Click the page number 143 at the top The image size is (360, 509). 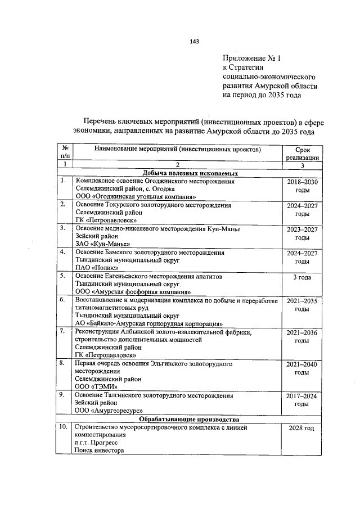coord(195,42)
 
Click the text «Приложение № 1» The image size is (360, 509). coord(251,57)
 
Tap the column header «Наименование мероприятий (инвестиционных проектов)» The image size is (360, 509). coord(177,150)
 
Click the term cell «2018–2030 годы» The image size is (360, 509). coord(302,186)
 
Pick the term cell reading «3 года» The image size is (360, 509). coord(302,277)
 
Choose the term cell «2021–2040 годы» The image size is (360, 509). coord(302,368)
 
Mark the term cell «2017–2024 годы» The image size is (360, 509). coord(302,400)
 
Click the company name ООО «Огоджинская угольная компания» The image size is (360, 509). coord(136,197)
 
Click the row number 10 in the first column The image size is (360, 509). coord(64,428)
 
